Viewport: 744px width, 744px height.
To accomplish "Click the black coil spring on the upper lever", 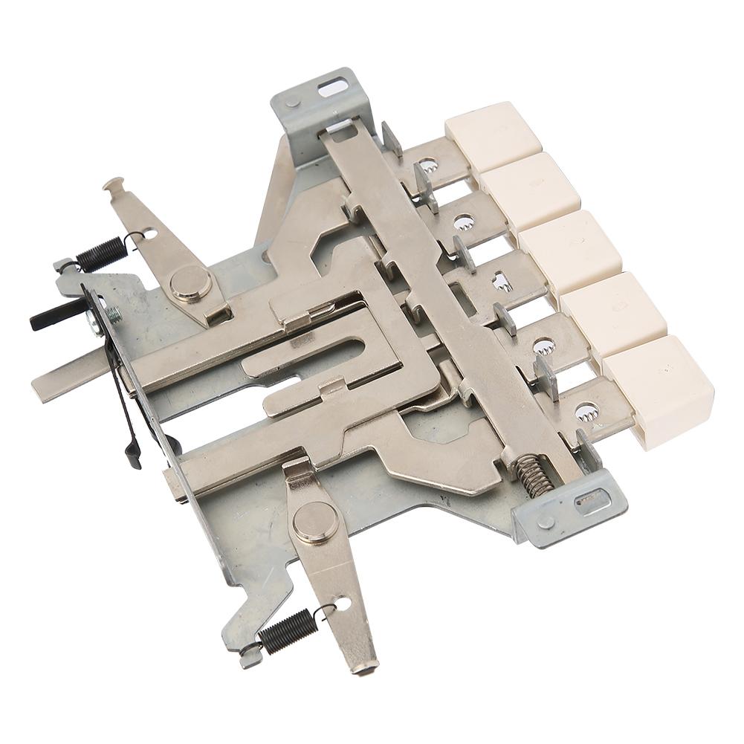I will click(x=100, y=253).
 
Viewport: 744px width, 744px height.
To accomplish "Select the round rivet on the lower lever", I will click(x=314, y=521).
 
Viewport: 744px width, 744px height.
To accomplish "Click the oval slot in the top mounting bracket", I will click(x=334, y=87).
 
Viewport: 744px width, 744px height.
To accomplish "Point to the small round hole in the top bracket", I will click(x=293, y=103).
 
